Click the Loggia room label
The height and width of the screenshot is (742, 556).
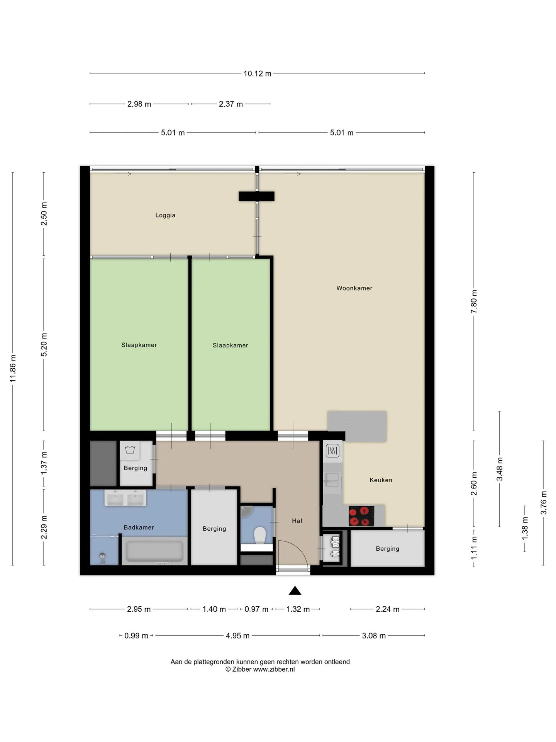point(165,215)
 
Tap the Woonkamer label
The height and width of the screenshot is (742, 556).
point(354,288)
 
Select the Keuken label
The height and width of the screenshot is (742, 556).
point(381,480)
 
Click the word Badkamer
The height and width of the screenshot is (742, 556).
point(139,528)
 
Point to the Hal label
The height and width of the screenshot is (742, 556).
point(297,521)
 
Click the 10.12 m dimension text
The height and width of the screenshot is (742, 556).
point(257,73)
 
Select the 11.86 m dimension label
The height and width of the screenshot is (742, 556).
point(13,368)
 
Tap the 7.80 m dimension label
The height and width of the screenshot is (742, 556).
point(474,302)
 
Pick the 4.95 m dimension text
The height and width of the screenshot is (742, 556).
point(237,636)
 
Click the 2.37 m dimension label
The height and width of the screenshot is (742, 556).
point(231,104)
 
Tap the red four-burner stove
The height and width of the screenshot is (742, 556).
point(361,516)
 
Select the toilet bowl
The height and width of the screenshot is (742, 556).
point(259,535)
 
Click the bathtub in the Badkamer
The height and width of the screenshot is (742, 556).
point(154,551)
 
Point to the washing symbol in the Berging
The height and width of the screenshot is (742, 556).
point(130,450)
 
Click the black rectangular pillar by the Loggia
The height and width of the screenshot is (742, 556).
point(256,196)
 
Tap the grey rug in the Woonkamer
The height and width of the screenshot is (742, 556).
point(357,426)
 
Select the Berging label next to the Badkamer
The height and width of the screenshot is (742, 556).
point(214,529)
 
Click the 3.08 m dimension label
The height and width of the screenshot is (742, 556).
point(374,636)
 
